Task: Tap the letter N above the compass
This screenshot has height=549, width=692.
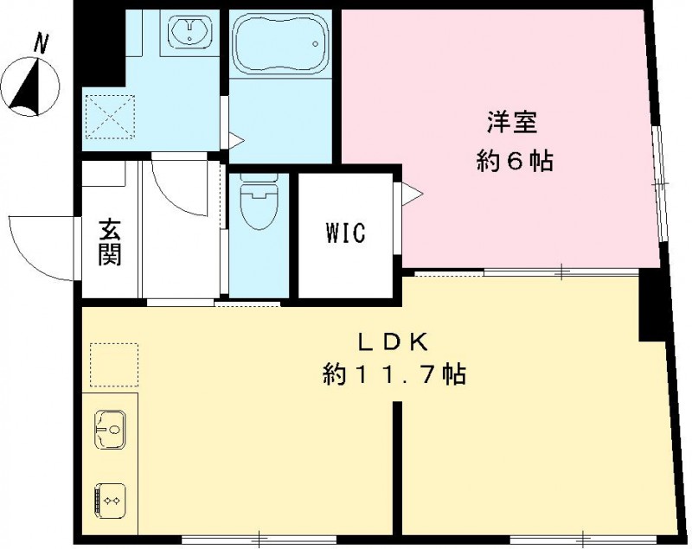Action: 41,41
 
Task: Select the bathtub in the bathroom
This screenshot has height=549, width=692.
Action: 282,47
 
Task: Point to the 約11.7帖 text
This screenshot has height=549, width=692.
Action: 394,374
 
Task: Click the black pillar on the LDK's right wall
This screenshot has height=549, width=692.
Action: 654,307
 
